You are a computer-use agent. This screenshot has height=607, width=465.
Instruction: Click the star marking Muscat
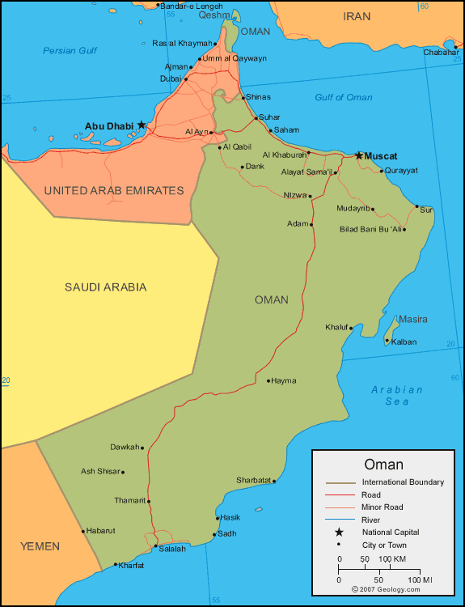point(359,155)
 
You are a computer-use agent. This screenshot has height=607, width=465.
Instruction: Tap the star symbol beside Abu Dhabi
point(142,125)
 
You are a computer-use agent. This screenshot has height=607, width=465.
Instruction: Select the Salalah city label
point(172,549)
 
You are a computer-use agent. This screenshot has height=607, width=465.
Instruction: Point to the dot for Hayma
point(268,380)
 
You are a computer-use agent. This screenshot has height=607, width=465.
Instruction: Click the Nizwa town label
point(295,194)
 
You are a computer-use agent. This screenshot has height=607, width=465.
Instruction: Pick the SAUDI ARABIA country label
point(106,287)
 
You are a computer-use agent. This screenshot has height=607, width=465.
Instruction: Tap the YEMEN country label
point(40,546)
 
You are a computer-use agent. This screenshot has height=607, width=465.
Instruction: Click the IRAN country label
point(357,16)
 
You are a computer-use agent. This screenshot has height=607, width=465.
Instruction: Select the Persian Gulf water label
point(70,51)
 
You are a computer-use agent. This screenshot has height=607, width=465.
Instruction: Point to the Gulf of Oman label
point(344,97)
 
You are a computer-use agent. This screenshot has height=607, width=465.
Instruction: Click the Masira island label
point(412,319)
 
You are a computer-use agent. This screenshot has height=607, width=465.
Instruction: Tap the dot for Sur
point(417,207)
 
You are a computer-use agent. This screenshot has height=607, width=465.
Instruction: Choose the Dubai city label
point(171,79)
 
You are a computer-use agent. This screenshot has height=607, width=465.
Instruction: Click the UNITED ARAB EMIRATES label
point(114,190)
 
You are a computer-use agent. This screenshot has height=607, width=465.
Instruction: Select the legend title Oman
point(383,465)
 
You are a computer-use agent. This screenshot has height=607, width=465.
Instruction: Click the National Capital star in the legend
point(340,532)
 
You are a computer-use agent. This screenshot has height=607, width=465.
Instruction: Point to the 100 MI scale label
point(420,580)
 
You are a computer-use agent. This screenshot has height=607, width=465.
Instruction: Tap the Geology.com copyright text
point(387,590)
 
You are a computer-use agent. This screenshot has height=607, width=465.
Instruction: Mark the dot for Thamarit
point(149,501)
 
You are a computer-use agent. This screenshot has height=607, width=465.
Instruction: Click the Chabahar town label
point(441,53)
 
